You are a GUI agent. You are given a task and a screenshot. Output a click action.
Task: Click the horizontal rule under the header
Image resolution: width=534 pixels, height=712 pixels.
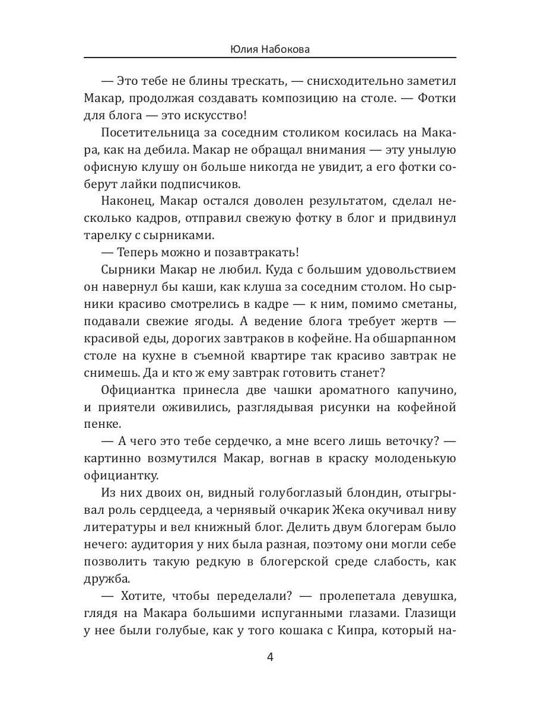coord(271,58)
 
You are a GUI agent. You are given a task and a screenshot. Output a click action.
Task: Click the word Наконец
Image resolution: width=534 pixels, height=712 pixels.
coord(126,201)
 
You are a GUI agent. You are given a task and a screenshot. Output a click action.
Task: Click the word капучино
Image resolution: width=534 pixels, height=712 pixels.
coord(424,390)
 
